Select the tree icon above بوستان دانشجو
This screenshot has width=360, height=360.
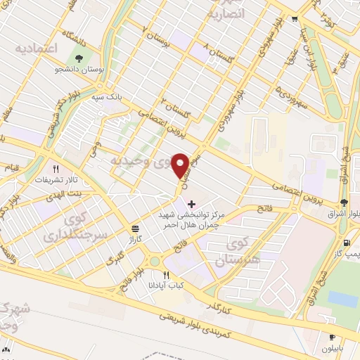pyautogui.click(x=79, y=58)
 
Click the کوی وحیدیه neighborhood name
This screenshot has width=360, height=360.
pyautogui.click(x=140, y=160)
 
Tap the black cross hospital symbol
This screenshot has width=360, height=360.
pyautogui.click(x=191, y=203)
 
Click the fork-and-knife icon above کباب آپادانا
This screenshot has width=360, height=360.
pyautogui.click(x=167, y=275)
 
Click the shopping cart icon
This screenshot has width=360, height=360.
pyautogui.click(x=297, y=19)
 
